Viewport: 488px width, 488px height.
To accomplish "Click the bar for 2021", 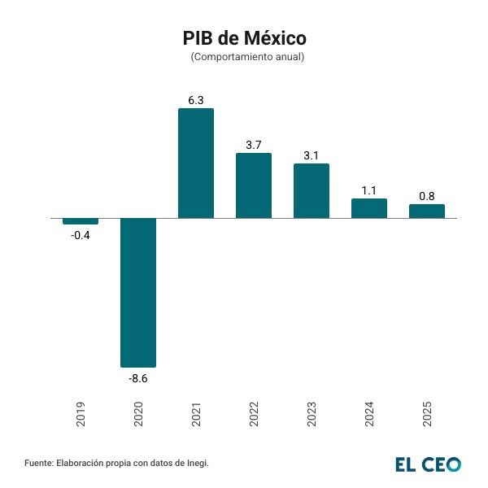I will tap(196, 163).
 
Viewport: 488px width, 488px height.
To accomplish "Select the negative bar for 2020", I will tap(138, 293).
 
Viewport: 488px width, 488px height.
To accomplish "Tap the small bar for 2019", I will tap(81, 221).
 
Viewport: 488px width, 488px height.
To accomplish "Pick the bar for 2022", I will tap(254, 185).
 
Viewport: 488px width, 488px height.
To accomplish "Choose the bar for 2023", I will tap(312, 191).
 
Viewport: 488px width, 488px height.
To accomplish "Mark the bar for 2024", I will tap(369, 208).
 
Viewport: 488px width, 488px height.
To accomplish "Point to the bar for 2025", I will tap(427, 211).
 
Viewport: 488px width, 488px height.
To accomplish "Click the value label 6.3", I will tap(196, 100).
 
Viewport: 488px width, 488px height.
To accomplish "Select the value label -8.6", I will tap(138, 378).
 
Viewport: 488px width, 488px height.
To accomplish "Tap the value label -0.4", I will tap(81, 235).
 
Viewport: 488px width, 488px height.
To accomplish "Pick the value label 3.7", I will tap(254, 145).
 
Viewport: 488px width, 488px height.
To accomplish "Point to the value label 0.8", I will tap(427, 196).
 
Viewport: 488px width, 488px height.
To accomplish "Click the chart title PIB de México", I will tap(244, 38).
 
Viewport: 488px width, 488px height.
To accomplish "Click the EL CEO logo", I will tap(429, 464).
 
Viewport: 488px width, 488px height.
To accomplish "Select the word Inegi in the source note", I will tap(197, 463).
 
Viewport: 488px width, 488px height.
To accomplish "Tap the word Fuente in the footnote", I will tap(38, 463).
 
